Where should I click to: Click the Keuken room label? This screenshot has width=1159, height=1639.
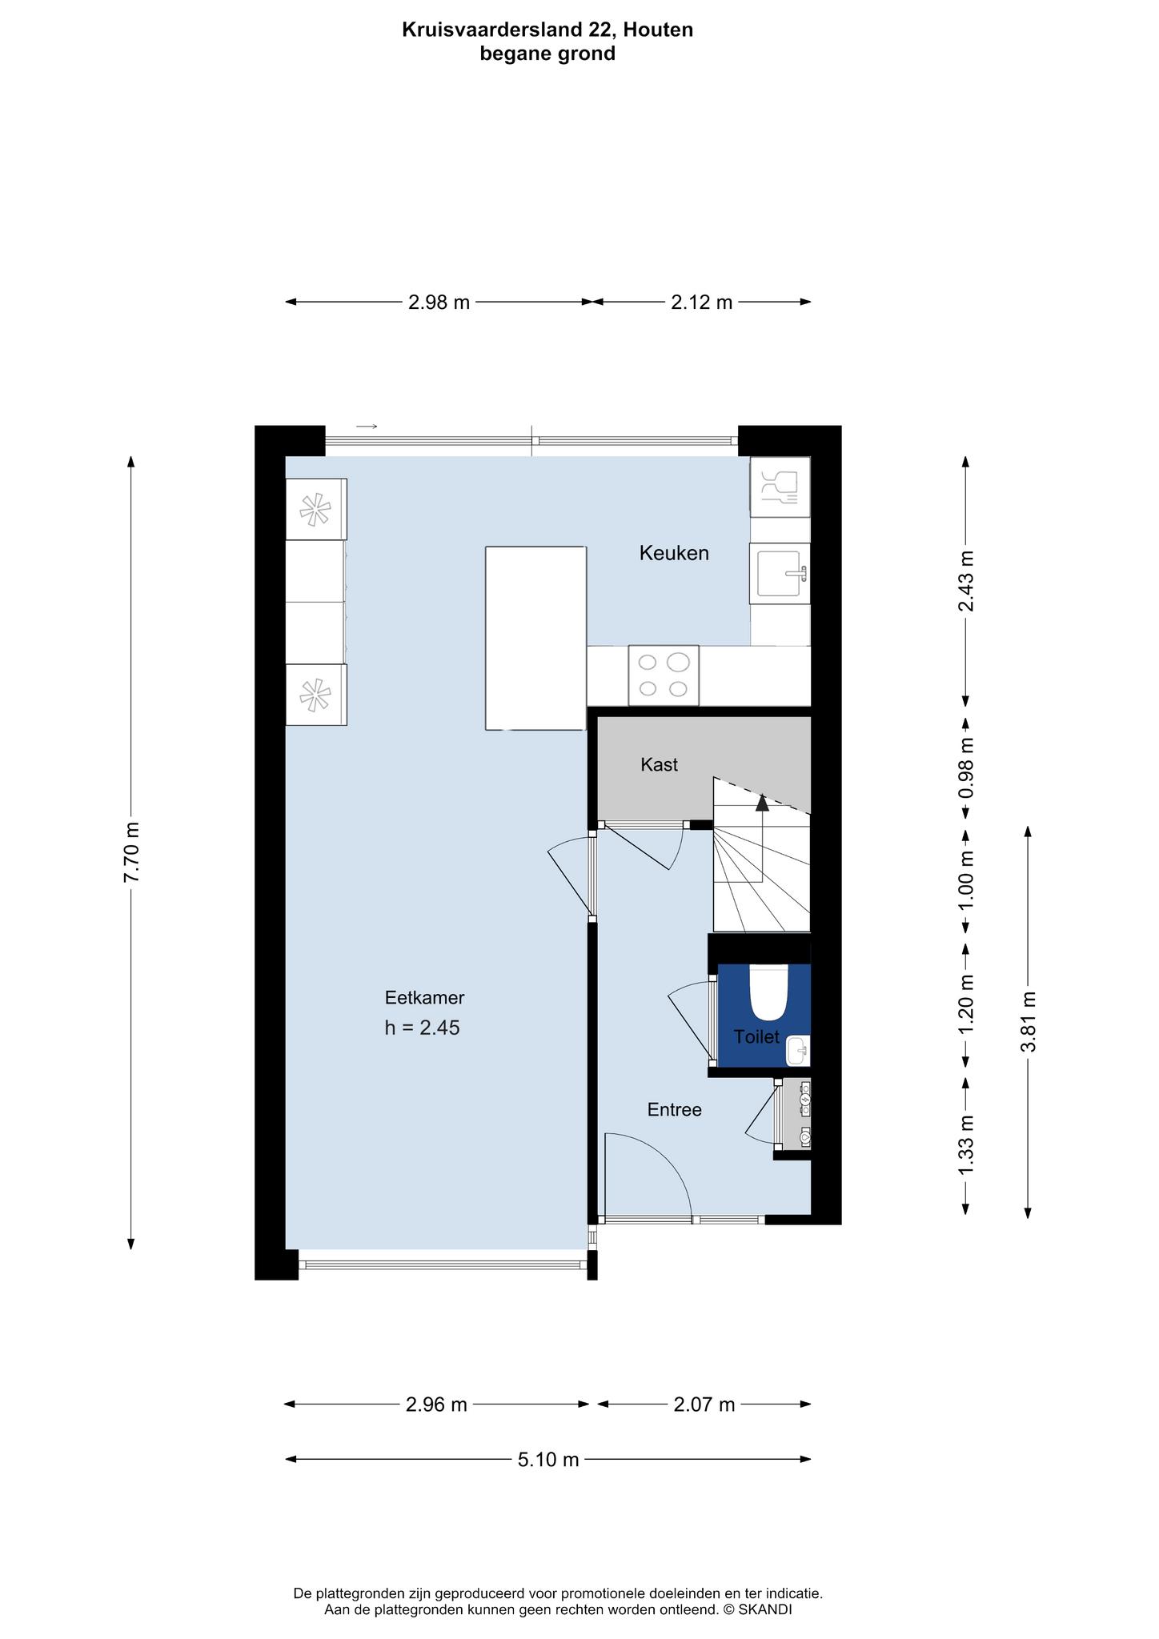click(674, 553)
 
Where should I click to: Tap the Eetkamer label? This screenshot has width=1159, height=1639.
click(424, 998)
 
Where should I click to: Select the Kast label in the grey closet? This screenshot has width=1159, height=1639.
click(659, 765)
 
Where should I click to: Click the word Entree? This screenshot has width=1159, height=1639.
click(675, 1110)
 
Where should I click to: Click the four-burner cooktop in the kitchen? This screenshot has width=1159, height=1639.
click(664, 675)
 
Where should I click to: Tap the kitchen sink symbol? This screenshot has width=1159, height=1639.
click(780, 573)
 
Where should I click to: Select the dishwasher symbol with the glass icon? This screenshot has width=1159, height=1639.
click(780, 487)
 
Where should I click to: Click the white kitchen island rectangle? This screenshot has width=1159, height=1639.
click(536, 638)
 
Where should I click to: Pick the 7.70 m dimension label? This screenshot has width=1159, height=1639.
click(131, 852)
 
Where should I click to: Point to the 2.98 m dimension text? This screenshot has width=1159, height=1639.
click(439, 303)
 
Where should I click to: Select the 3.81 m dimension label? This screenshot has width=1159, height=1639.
click(1029, 1022)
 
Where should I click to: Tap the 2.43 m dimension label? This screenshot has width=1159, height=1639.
click(966, 581)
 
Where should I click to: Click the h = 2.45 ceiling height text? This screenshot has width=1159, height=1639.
click(422, 1028)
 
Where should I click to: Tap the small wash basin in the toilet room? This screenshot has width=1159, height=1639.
click(798, 1051)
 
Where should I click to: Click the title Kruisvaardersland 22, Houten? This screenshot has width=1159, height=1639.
click(547, 30)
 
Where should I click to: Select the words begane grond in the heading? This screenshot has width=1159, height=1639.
click(547, 54)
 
